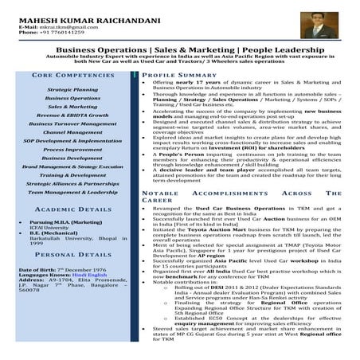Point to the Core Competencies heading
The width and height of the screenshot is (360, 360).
click(x=72, y=75)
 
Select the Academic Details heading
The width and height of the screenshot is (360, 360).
click(x=72, y=209)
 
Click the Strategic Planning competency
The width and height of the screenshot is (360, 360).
click(x=72, y=90)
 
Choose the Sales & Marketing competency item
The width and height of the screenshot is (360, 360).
click(x=72, y=106)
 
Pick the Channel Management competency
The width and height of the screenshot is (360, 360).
click(x=72, y=132)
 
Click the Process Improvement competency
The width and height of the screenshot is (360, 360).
click(x=72, y=149)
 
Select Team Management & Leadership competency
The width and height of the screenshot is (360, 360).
click(x=72, y=192)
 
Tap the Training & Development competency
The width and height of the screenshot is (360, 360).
click(x=72, y=174)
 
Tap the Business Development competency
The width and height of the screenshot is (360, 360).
click(x=72, y=158)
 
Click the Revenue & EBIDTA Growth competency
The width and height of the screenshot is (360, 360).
click(x=72, y=115)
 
